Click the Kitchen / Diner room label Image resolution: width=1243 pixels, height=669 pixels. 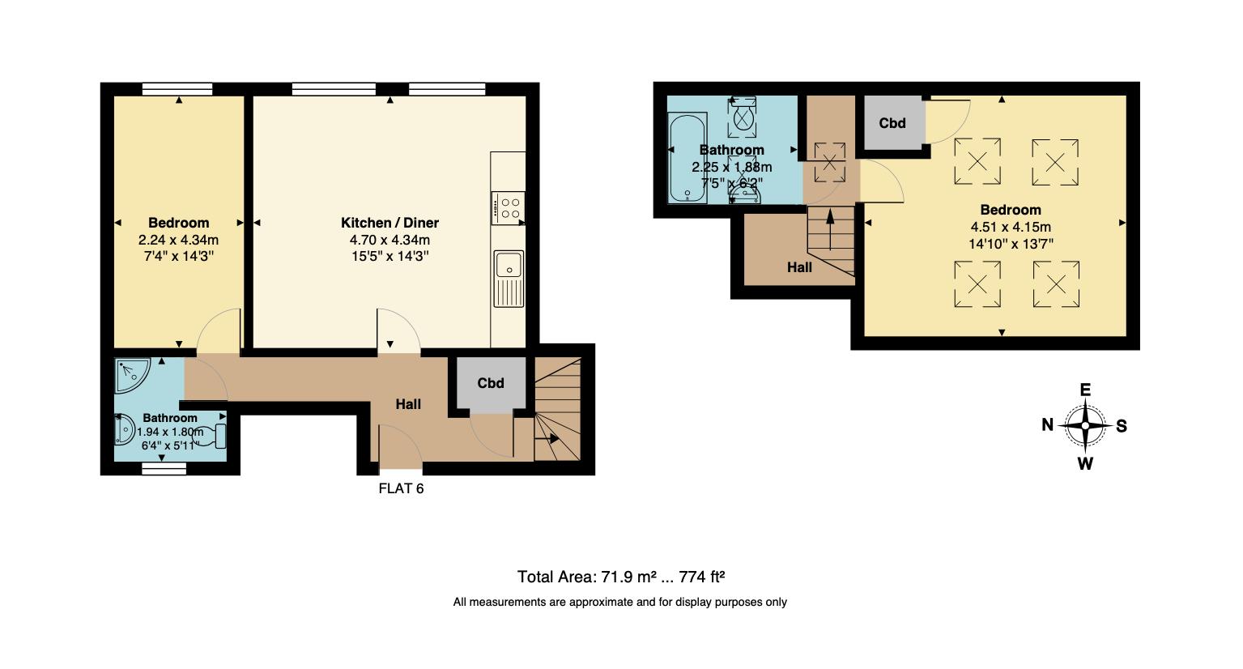[390, 223]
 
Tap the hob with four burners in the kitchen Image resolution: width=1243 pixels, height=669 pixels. [508, 207]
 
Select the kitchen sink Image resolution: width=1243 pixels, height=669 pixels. [509, 278]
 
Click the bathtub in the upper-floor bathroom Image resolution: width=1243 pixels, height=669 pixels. [687, 157]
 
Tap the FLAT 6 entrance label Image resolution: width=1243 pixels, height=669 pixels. [401, 488]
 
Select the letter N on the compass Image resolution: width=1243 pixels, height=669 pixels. [1047, 425]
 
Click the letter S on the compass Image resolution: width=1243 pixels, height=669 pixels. [1122, 426]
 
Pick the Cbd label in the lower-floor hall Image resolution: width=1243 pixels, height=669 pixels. [491, 383]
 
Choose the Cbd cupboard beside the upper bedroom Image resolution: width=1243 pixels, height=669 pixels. [892, 123]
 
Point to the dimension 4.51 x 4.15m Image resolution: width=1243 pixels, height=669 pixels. [1010, 227]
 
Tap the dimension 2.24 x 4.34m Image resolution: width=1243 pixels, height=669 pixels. [178, 240]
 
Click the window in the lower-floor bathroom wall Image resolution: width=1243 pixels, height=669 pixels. [164, 468]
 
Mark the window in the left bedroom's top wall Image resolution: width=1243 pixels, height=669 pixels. [177, 89]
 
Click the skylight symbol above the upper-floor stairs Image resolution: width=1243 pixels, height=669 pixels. [829, 160]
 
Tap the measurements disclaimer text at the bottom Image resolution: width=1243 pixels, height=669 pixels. [619, 602]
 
